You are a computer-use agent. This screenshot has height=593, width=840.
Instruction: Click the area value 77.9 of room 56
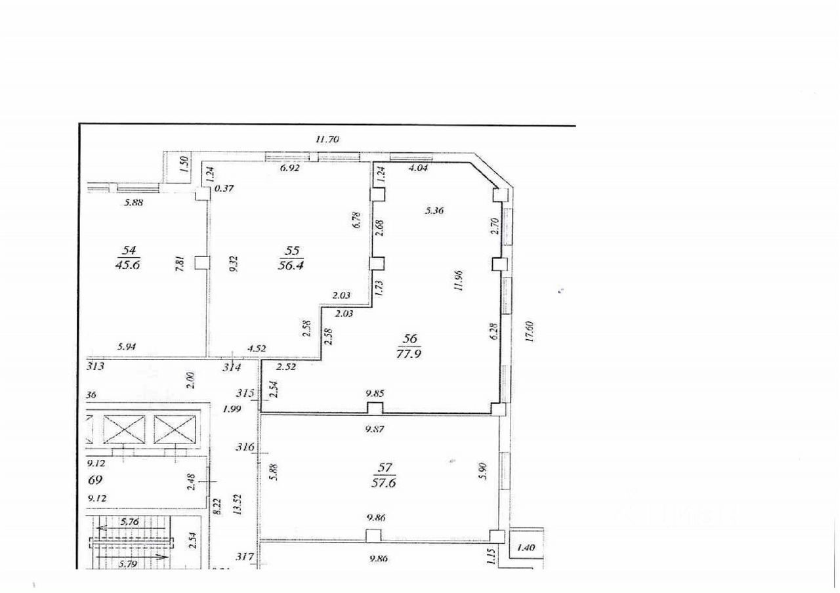click(x=411, y=354)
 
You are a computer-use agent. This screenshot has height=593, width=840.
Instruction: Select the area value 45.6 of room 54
click(x=128, y=264)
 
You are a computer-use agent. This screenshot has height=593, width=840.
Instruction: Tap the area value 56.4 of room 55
click(x=293, y=264)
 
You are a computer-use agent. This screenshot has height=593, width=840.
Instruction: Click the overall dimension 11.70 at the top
click(x=327, y=139)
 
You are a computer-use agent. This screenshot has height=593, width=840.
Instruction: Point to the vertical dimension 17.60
click(x=531, y=331)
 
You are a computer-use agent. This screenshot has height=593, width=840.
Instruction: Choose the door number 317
click(x=245, y=557)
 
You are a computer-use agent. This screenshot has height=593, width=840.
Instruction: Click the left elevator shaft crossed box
click(x=124, y=430)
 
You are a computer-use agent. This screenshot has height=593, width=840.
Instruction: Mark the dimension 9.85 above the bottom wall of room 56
click(x=374, y=394)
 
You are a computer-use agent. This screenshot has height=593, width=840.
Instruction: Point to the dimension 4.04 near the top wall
click(x=419, y=168)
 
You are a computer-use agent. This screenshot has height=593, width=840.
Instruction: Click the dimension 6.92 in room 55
click(x=289, y=168)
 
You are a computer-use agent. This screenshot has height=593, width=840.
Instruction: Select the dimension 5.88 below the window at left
click(x=134, y=203)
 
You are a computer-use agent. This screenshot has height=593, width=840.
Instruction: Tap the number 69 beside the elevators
click(x=96, y=480)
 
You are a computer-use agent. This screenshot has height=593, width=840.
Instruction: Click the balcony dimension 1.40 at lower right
click(x=527, y=546)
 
